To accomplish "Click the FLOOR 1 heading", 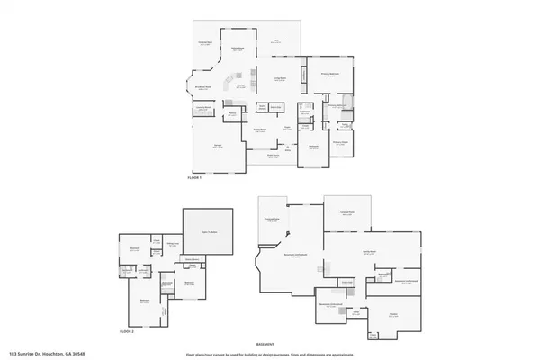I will coord(194,179).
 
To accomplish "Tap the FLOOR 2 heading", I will coord(127,331).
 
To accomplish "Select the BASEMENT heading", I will coord(265,344).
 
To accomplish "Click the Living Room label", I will coord(280,80).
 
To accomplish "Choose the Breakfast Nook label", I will coord(203,87).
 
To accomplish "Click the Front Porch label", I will coord(274,156).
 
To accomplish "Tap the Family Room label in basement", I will coord(369,253).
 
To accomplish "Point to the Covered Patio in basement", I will coord(272,219).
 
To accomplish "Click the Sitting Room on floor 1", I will coord(238,49).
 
